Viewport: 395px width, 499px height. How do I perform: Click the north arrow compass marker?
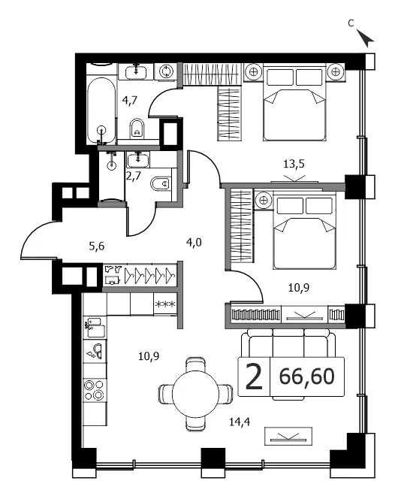tap(365, 38)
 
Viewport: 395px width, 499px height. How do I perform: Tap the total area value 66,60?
tap(307, 377)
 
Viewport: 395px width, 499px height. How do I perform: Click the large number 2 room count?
tap(254, 377)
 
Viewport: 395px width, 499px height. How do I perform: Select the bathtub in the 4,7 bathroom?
tap(101, 110)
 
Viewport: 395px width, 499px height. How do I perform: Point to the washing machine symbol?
tap(166, 71)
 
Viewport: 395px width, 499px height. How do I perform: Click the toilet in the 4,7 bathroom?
tap(137, 129)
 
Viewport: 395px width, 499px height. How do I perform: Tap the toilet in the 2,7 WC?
tap(160, 183)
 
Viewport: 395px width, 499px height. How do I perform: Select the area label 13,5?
tap(294, 164)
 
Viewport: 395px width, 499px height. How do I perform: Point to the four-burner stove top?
tap(95, 390)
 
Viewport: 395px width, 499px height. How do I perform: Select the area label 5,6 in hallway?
tap(97, 246)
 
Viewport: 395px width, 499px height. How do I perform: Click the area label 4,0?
tap(194, 243)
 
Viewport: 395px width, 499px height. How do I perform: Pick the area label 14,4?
tap(240, 422)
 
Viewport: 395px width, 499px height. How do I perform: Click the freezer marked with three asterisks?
tap(165, 304)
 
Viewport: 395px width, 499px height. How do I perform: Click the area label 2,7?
tap(133, 175)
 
